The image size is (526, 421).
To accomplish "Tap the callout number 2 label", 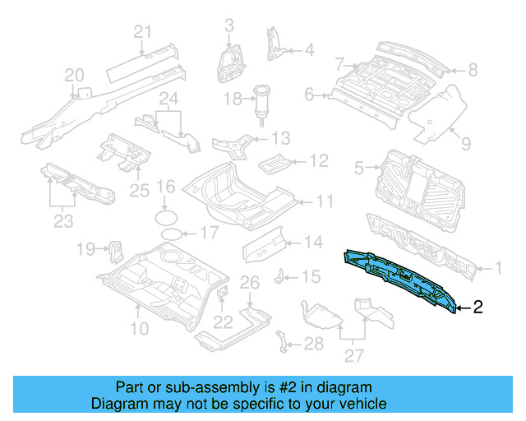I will click(478, 308).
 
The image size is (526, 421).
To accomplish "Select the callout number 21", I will click(144, 32).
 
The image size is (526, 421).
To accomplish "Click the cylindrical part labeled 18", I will click(263, 104).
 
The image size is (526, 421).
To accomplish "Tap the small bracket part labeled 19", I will click(116, 248).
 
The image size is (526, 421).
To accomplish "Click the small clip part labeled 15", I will click(281, 275).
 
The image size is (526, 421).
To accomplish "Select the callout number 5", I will click(358, 169).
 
